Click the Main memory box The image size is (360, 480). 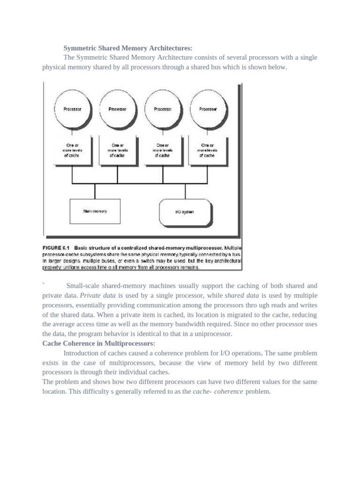95,211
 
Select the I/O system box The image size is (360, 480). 184,212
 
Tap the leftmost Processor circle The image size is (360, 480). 72,109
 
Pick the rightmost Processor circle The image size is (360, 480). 208,109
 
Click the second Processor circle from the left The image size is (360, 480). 117,109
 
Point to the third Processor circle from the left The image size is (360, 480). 163,109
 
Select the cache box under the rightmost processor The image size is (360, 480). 207,150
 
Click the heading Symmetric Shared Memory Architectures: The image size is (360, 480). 128,48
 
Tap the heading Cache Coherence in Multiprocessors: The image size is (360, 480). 98,344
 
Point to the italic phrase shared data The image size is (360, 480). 242,295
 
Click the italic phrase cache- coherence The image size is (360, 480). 218,391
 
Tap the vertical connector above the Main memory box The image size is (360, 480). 95,191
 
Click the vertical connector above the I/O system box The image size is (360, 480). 185,191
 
